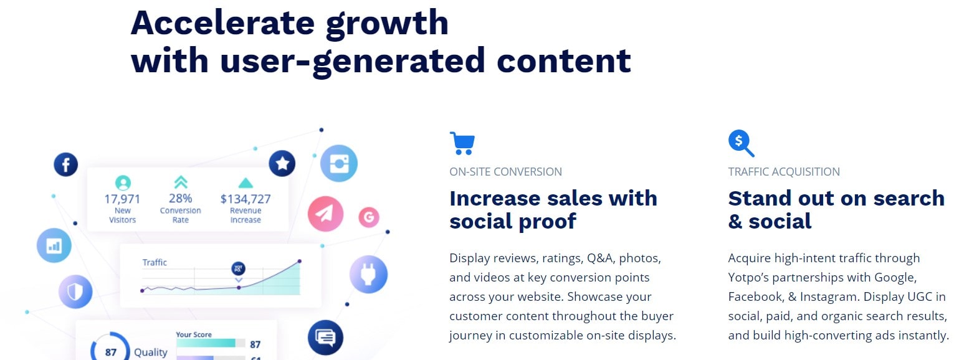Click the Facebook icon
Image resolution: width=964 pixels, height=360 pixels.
click(x=65, y=164)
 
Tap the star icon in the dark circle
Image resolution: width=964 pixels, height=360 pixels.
click(x=282, y=164)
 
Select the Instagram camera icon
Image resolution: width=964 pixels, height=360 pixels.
click(x=338, y=164)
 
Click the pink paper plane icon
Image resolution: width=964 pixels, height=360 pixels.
click(x=325, y=214)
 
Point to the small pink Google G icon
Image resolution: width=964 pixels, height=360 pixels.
click(x=369, y=217)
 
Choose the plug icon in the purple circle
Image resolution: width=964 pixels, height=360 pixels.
click(x=368, y=274)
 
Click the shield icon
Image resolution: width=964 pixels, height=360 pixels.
click(x=75, y=291)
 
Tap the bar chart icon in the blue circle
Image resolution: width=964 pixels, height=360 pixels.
click(x=54, y=245)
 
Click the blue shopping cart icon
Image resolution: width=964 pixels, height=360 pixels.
click(x=462, y=143)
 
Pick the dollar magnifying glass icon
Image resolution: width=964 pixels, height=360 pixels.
click(x=741, y=143)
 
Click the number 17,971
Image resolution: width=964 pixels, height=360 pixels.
click(x=122, y=199)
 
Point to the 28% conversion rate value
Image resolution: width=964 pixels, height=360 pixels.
click(x=180, y=199)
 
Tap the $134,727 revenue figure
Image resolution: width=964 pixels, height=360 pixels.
click(x=246, y=199)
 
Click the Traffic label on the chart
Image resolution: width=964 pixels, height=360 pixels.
click(x=155, y=262)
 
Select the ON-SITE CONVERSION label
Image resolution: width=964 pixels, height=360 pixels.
click(x=505, y=172)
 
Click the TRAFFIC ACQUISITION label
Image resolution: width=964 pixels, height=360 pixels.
click(x=784, y=172)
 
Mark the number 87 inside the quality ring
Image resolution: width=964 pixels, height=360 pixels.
click(x=110, y=353)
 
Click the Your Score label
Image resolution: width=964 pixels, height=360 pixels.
click(x=194, y=334)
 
